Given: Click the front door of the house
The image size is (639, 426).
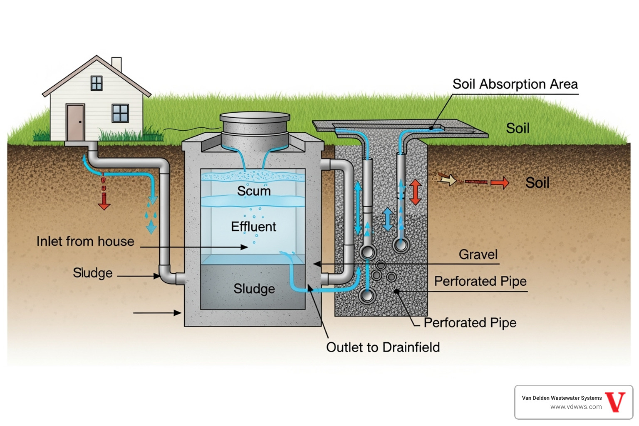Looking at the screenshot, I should tap(75, 122).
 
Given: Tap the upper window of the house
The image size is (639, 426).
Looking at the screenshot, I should tap(97, 83).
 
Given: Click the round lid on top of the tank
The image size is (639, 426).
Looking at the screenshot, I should tap(255, 117).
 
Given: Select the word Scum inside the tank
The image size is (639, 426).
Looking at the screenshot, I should tap(254, 191).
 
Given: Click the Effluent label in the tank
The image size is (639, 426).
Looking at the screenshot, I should tap(253, 227).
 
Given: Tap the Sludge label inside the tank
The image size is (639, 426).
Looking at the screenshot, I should tap(254, 289).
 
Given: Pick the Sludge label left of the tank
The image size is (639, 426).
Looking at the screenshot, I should tap(92, 273).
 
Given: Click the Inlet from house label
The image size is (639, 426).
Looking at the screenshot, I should tap(85, 241).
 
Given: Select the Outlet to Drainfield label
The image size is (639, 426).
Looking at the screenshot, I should tap(383, 347).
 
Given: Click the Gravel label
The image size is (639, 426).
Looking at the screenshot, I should tap(478, 255).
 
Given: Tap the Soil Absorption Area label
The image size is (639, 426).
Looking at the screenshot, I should tap(515, 84).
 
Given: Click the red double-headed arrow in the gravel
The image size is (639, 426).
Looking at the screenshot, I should tap(415, 192).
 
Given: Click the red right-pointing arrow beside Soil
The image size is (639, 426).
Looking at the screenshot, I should tap(499, 182).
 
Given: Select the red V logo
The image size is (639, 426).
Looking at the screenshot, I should tap(615, 402).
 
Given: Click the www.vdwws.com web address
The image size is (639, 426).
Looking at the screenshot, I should tap(576, 407).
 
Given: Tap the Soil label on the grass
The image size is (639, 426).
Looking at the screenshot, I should tap(518, 128).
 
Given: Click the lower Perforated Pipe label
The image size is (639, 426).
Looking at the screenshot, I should tap(470, 323).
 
